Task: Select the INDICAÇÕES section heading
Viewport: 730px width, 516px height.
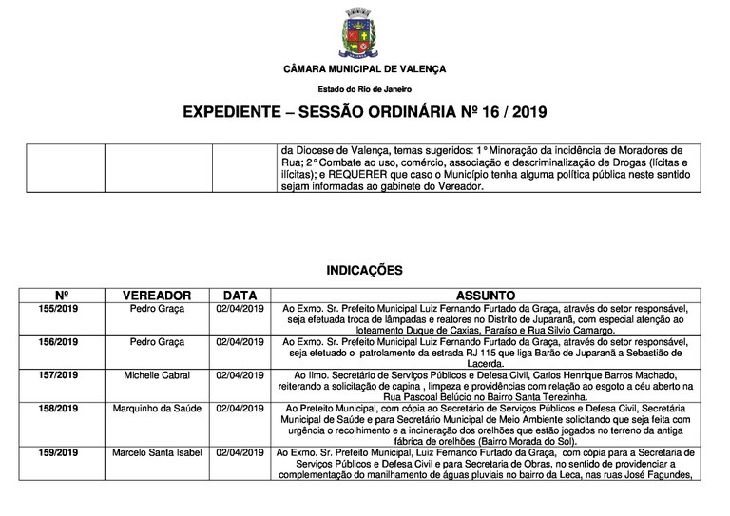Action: pos(364,270)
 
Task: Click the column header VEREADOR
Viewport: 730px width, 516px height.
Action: pos(157,296)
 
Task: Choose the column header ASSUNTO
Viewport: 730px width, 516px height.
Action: pos(485,296)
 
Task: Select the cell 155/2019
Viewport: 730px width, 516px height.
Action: pos(64,309)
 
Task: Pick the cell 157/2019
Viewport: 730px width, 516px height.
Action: pos(64,375)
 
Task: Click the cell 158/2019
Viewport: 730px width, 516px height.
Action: pos(64,409)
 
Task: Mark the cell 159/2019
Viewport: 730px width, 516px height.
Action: pos(64,453)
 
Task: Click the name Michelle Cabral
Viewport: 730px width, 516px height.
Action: pos(157,375)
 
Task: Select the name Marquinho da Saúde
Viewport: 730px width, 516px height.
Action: pos(157,409)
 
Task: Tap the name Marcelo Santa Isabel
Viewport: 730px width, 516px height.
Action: pos(157,453)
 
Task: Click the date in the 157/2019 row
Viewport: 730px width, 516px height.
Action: pos(240,375)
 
